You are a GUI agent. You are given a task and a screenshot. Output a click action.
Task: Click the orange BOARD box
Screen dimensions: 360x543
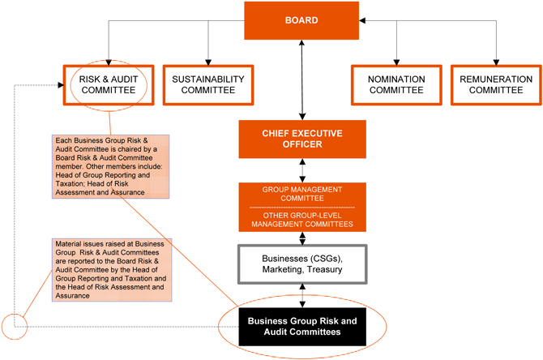click(301, 19)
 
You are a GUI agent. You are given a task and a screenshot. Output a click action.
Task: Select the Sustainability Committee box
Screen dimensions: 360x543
click(207, 84)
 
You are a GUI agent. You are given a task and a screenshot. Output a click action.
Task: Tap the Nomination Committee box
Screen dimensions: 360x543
click(396, 84)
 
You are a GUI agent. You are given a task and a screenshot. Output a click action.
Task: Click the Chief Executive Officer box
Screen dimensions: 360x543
click(301, 139)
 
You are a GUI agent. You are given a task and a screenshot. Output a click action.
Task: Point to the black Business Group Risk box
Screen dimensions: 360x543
click(301, 327)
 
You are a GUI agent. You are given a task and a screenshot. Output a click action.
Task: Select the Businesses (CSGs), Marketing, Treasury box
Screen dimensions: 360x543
click(301, 264)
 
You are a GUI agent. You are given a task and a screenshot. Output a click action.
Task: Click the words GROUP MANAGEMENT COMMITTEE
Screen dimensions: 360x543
click(301, 193)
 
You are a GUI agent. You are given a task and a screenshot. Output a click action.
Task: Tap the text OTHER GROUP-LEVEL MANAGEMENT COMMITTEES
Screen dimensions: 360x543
click(301, 219)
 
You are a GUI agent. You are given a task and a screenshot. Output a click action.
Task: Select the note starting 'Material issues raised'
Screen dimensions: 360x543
click(100, 268)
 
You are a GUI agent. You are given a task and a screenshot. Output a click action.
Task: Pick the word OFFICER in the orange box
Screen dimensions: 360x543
click(301, 144)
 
